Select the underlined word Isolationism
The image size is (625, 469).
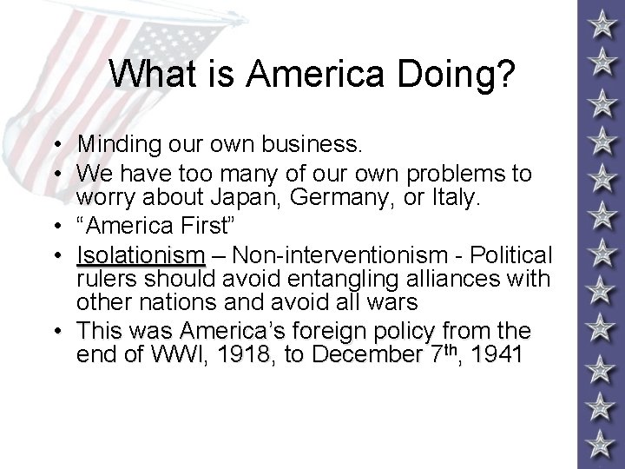coord(141,256)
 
